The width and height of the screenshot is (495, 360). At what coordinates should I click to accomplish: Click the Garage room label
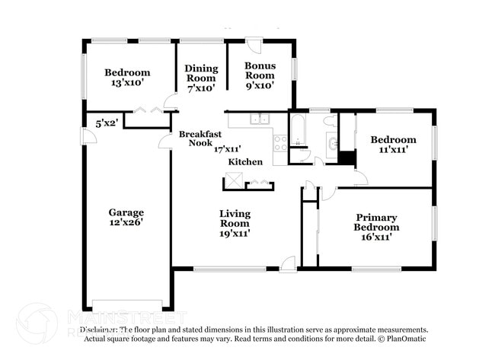(x=126, y=212)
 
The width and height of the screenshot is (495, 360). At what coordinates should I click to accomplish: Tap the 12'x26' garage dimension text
(x=126, y=223)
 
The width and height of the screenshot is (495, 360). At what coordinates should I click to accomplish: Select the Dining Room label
(x=201, y=73)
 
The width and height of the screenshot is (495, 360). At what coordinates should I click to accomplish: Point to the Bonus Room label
(x=259, y=71)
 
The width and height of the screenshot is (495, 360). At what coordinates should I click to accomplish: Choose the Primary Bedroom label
(x=376, y=222)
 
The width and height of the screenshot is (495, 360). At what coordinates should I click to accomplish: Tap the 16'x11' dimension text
(x=376, y=237)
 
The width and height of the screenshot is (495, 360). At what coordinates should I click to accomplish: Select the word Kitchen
(x=245, y=161)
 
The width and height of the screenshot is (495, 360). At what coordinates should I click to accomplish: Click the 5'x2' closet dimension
(x=107, y=123)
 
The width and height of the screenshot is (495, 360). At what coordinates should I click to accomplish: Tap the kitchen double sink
(x=260, y=119)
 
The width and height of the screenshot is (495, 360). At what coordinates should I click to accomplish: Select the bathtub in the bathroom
(x=298, y=129)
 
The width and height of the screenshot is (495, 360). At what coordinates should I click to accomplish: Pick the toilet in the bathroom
(x=329, y=121)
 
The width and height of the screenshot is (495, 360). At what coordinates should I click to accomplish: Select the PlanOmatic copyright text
(x=403, y=339)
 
